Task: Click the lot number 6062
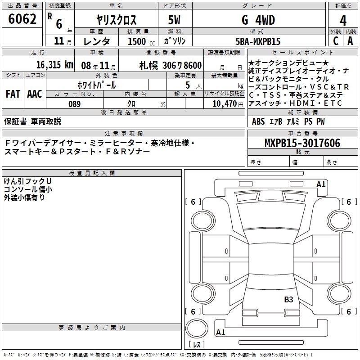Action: tap(22, 19)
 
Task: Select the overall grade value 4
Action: tap(343, 20)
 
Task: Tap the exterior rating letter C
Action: tap(336, 41)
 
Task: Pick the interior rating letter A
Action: tap(350, 41)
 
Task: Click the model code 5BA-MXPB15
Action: tap(258, 41)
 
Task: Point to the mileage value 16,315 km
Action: tap(55, 65)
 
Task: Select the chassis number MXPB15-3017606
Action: tap(302, 143)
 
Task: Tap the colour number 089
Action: tap(75, 104)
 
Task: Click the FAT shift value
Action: tap(13, 94)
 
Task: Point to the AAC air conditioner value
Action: tap(35, 94)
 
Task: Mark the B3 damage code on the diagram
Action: tap(288, 299)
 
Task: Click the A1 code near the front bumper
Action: tap(321, 184)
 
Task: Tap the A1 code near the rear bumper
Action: tap(220, 332)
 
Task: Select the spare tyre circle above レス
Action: tap(197, 328)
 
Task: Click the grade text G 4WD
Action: tap(258, 20)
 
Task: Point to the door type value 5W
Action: tap(174, 20)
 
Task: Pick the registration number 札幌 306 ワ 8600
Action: tap(171, 66)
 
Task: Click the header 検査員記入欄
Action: tap(92, 173)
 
